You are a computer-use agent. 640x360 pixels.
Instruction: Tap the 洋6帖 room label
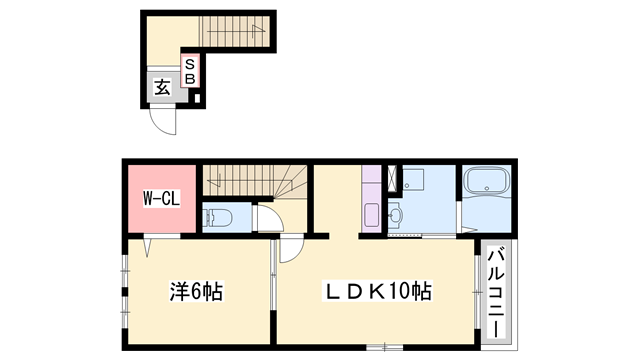tap(195, 293)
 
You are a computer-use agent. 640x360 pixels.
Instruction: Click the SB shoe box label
tap(190, 71)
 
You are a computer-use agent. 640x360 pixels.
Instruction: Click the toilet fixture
tap(218, 217)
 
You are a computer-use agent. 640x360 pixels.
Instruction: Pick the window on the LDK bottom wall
tap(379, 347)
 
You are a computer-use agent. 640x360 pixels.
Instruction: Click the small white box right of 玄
tap(197, 98)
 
